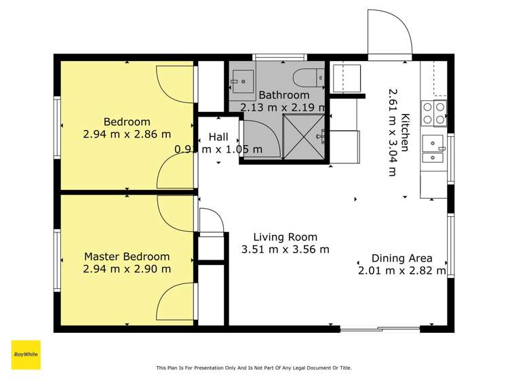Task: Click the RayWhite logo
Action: click(x=26, y=355)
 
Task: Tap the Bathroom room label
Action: click(x=284, y=95)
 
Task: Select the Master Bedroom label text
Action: click(x=127, y=257)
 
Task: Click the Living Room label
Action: click(x=285, y=237)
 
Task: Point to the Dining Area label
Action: click(x=402, y=258)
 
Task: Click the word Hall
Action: click(x=218, y=137)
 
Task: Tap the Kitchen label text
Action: click(x=405, y=132)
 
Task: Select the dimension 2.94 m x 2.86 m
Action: click(x=127, y=134)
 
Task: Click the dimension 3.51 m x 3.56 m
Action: click(x=285, y=249)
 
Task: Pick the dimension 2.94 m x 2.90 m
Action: click(x=127, y=269)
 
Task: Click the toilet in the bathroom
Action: click(x=309, y=78)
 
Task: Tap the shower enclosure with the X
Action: click(x=303, y=136)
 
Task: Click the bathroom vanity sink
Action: click(x=243, y=81)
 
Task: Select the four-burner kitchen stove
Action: click(x=434, y=113)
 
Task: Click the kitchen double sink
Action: click(x=433, y=148)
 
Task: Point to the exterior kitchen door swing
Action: click(x=390, y=33)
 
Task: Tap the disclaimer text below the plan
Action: click(x=254, y=367)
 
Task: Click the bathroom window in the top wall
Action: click(x=279, y=58)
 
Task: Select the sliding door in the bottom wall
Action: click(x=380, y=329)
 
